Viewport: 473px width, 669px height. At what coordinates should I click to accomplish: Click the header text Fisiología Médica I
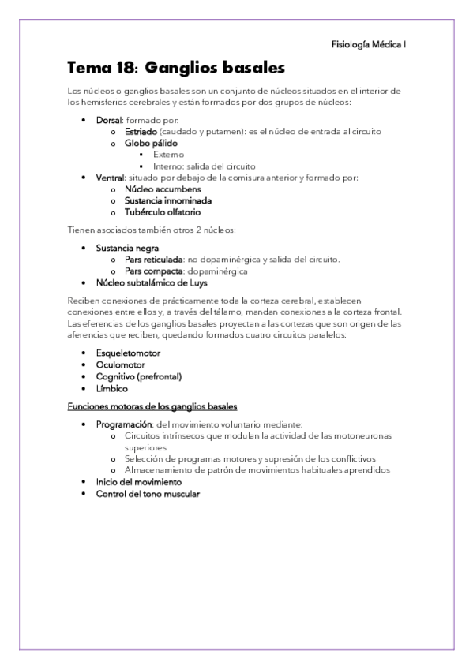[x=369, y=45]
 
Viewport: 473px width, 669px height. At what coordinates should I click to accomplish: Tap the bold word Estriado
[x=139, y=132]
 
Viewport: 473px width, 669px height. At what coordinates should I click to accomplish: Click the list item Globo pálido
[x=150, y=144]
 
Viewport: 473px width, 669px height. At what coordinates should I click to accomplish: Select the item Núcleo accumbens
[x=162, y=189]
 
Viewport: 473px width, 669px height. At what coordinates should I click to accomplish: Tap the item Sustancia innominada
[x=167, y=200]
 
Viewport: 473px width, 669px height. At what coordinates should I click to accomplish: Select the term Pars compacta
[x=150, y=271]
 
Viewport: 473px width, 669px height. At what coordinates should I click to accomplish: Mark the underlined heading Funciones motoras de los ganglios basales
[x=152, y=406]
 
